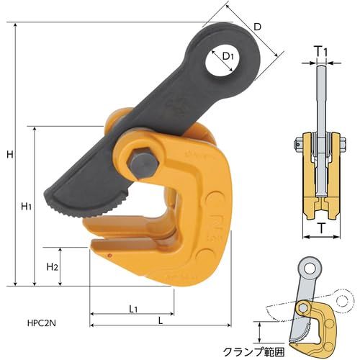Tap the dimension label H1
[26, 207]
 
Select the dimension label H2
[52, 267]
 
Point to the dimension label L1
[133, 309]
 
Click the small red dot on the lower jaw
[109, 256]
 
